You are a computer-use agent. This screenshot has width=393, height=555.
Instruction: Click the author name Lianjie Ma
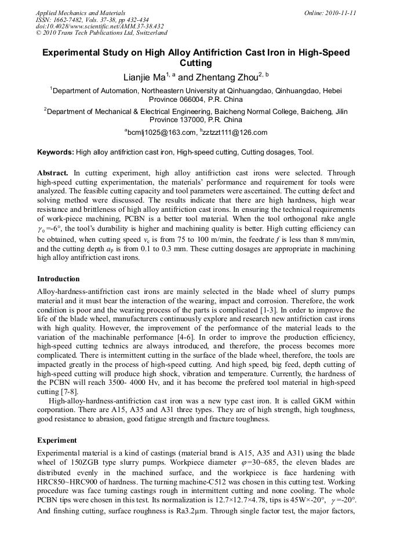(x=144, y=77)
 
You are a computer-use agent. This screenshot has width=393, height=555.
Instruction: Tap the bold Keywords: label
(x=56, y=153)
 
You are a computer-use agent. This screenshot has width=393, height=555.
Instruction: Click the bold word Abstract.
(x=53, y=173)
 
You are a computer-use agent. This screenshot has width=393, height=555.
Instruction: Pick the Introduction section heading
(x=59, y=279)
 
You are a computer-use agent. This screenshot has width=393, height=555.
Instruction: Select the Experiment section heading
(x=57, y=440)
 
